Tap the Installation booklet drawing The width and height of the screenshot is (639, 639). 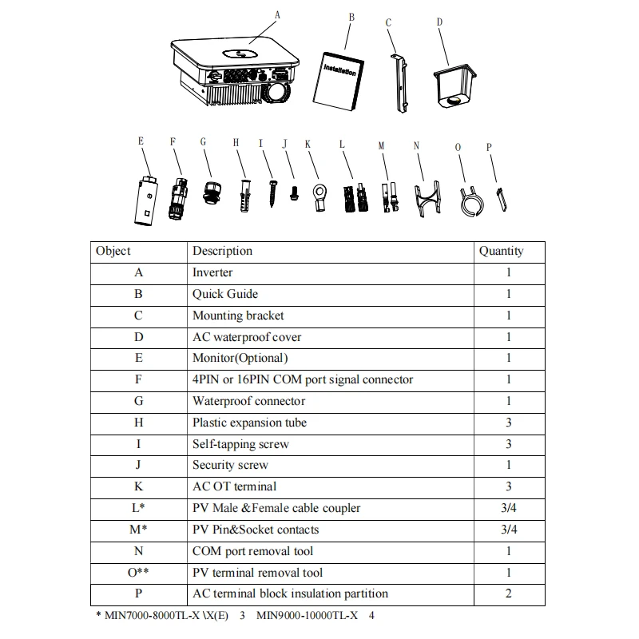coord(340,80)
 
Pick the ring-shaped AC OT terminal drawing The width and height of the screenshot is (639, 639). coord(319,195)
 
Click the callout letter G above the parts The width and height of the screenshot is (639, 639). coord(203,142)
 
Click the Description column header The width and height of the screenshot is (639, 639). coord(222,251)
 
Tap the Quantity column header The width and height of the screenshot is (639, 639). coord(501,251)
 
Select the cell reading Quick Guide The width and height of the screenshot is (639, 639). coord(214,294)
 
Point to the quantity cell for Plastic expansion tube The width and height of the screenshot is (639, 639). coord(508,423)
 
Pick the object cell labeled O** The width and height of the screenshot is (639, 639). coord(139,572)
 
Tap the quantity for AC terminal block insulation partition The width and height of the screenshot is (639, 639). coord(508,593)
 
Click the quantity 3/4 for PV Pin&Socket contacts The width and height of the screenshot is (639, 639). coord(508,530)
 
